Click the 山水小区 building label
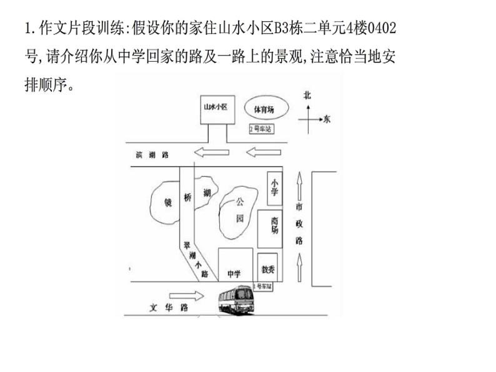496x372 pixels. pyautogui.click(x=215, y=107)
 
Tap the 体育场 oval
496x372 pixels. pyautogui.click(x=263, y=108)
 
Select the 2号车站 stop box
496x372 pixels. pyautogui.click(x=260, y=129)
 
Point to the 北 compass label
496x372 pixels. pyautogui.click(x=307, y=95)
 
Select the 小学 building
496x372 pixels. pyautogui.click(x=274, y=187)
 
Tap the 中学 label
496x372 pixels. pyautogui.click(x=234, y=273)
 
